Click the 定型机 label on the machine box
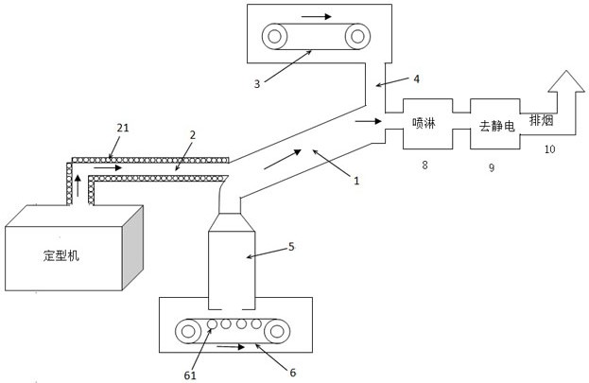tap(63, 255)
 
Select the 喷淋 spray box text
tap(425, 123)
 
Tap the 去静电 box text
tap(495, 125)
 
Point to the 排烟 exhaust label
tap(541, 120)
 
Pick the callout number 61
tap(192, 373)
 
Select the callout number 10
tap(549, 148)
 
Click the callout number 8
tap(425, 165)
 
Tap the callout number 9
tap(492, 166)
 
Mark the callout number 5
tap(291, 247)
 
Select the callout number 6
tap(292, 373)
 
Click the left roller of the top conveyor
tap(276, 37)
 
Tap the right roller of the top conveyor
tap(356, 37)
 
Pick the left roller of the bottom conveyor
tap(190, 331)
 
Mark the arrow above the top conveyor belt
tap(317, 17)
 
